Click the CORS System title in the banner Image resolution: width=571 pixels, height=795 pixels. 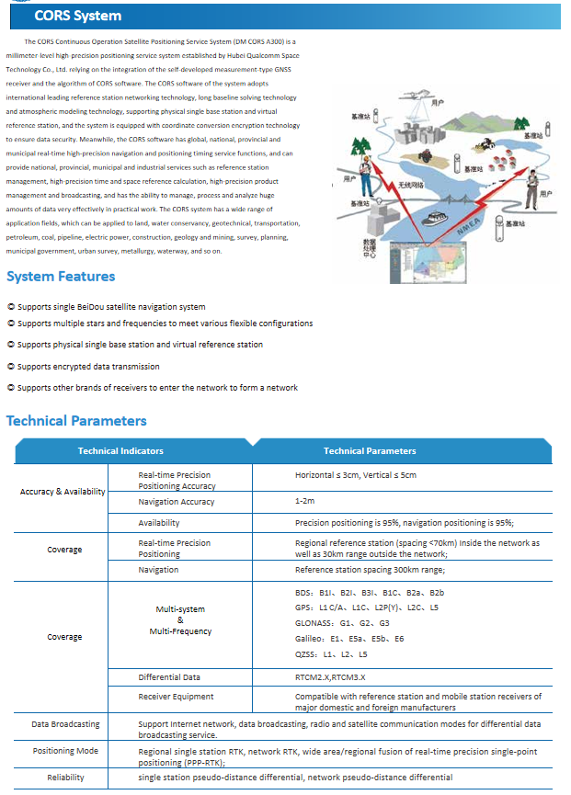point(77,16)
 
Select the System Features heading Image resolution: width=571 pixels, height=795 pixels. point(61,277)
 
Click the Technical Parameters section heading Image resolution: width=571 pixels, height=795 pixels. point(76,421)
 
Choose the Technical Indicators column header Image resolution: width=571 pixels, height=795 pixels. point(120,451)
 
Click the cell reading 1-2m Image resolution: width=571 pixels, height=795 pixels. point(304,501)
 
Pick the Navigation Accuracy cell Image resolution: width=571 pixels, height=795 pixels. point(177,501)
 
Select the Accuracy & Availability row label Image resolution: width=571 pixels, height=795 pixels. point(63,492)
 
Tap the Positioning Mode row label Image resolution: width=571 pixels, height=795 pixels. point(65,751)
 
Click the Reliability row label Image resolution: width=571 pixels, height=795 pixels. point(65,778)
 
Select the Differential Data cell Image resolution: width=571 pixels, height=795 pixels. point(169,677)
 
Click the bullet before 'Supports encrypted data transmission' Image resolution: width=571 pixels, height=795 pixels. point(10,366)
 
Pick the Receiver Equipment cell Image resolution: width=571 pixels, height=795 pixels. point(176,697)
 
